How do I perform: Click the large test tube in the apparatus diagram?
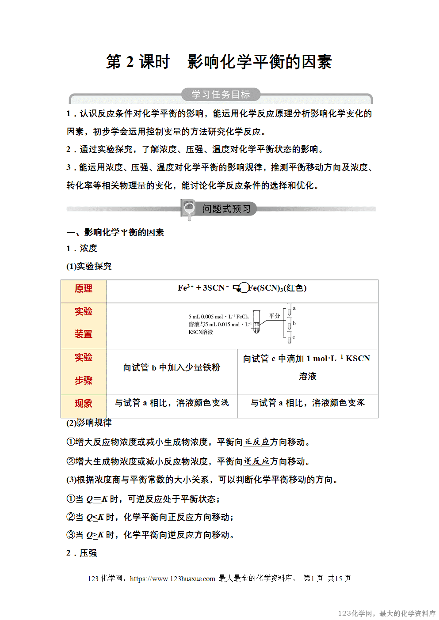(256, 327)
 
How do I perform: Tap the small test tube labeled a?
(290, 309)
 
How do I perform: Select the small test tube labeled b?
(290, 323)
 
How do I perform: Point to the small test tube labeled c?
(290, 337)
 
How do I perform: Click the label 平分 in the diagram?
(275, 316)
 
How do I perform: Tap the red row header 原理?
(84, 289)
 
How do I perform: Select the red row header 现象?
(84, 404)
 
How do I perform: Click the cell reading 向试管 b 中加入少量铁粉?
(172, 367)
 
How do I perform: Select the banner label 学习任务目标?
(221, 95)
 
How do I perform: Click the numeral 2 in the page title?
(130, 62)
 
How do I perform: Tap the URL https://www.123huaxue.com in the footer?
(172, 578)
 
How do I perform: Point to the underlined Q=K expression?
(97, 499)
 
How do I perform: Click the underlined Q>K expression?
(95, 535)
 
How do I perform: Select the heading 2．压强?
(82, 553)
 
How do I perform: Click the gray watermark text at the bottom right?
(386, 613)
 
